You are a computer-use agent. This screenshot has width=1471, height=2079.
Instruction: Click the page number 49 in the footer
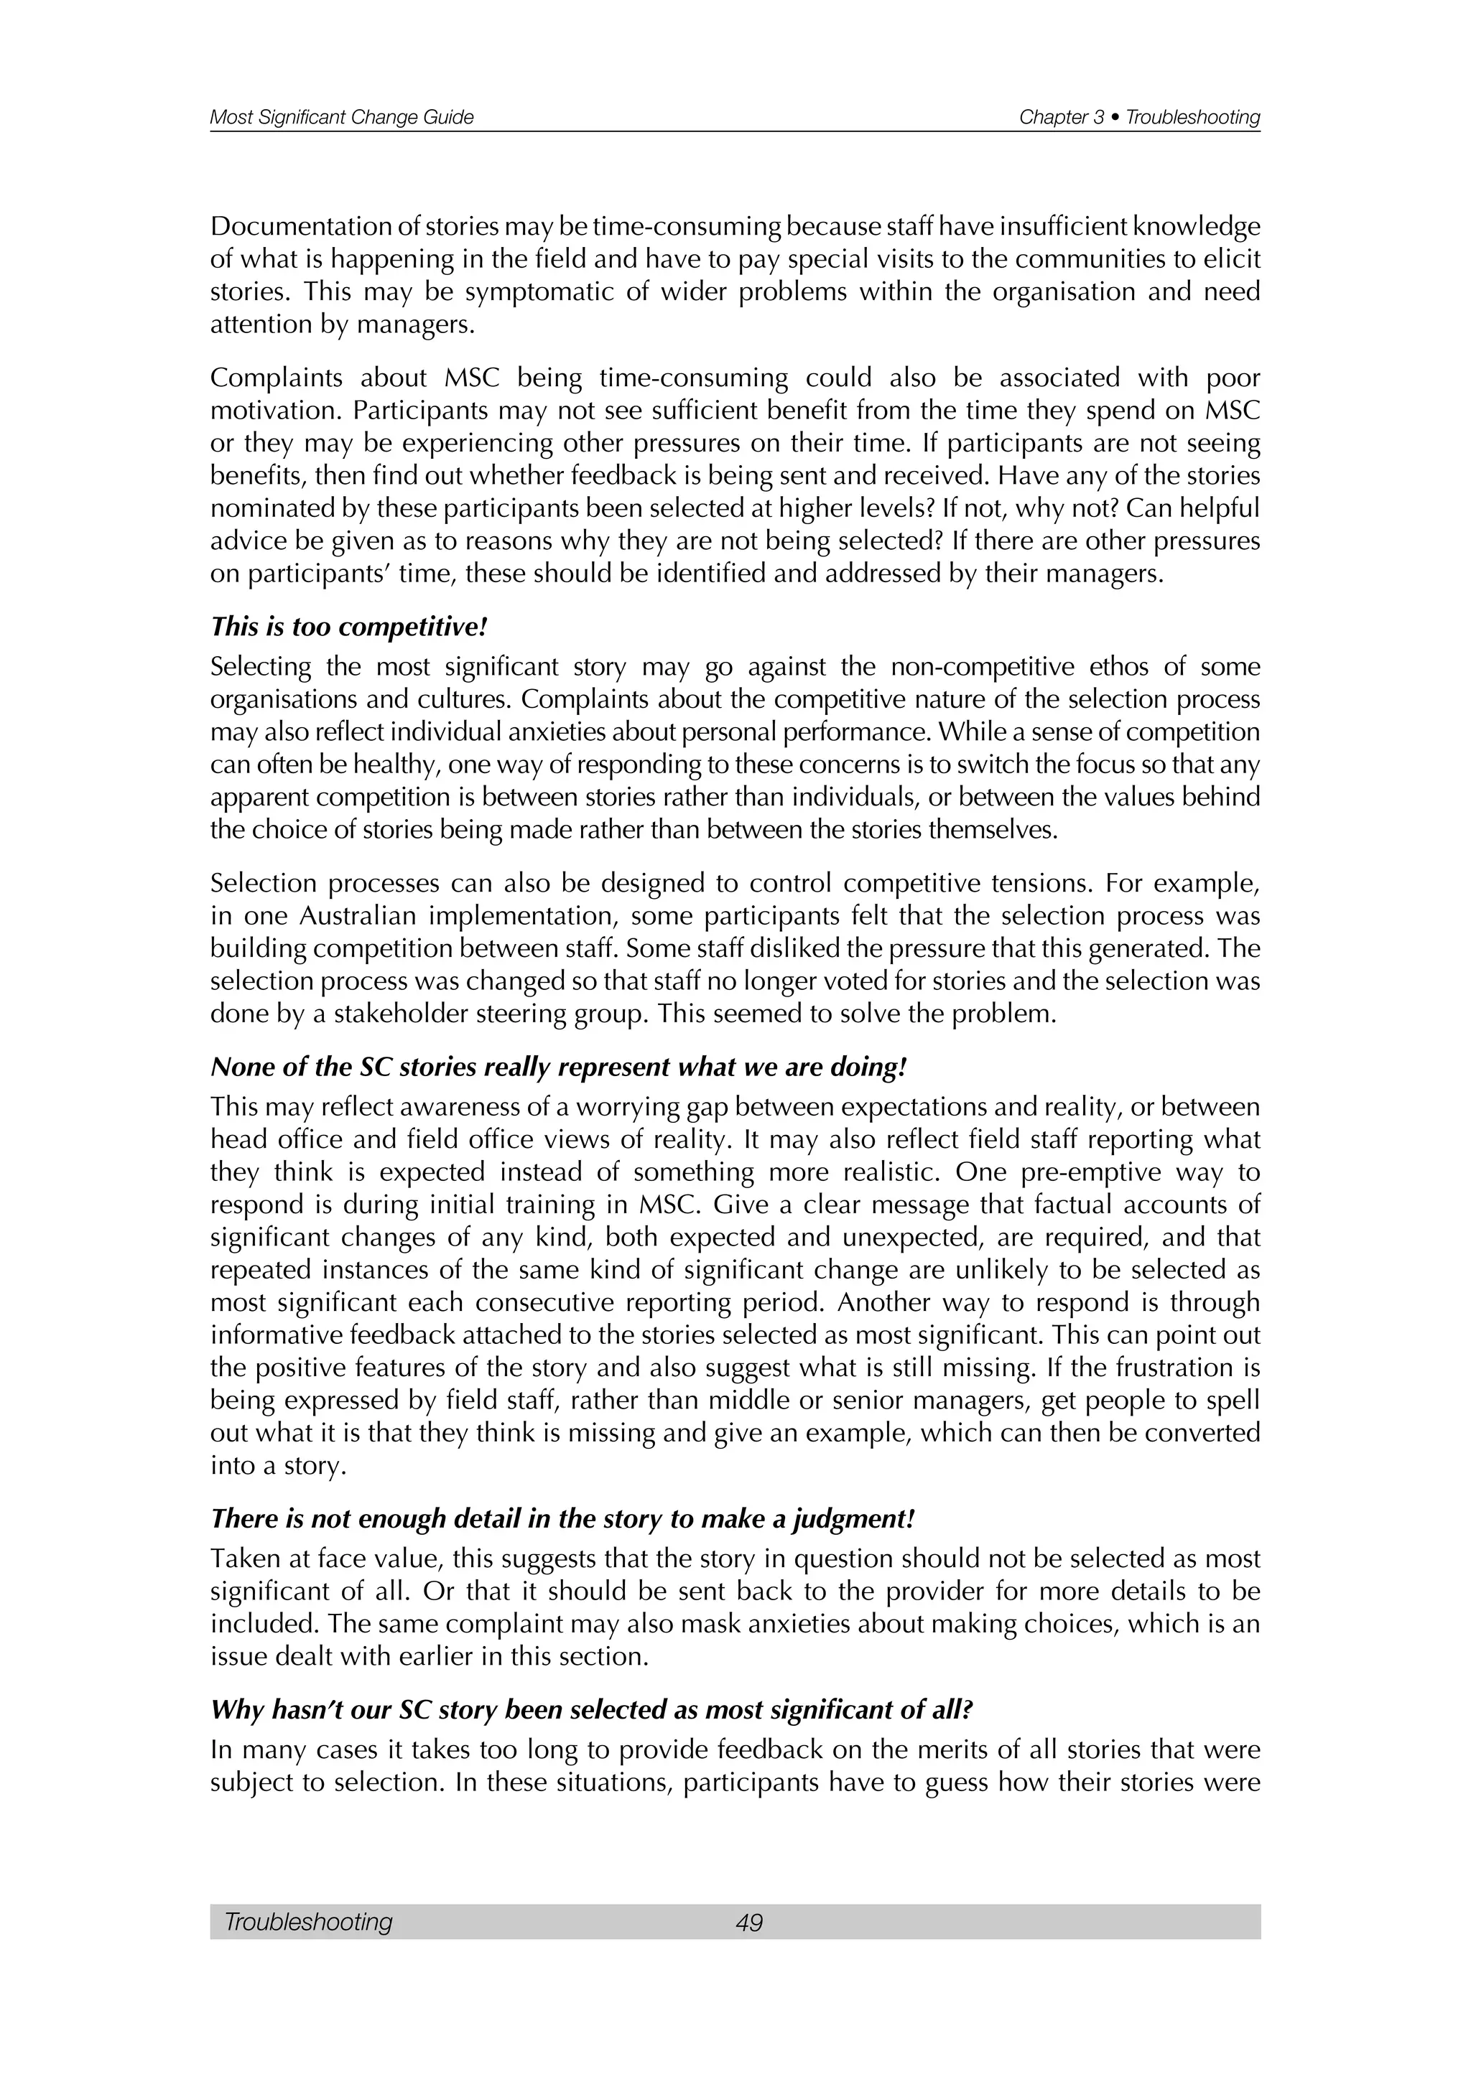[x=749, y=1923]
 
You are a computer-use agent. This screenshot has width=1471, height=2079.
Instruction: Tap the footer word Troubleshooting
[x=308, y=1923]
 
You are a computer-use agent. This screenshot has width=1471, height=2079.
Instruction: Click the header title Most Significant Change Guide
[x=341, y=117]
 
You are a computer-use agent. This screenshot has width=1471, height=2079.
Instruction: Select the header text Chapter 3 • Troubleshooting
[x=1138, y=117]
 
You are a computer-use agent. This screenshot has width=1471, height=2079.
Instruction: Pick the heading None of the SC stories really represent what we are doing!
[x=558, y=1067]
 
